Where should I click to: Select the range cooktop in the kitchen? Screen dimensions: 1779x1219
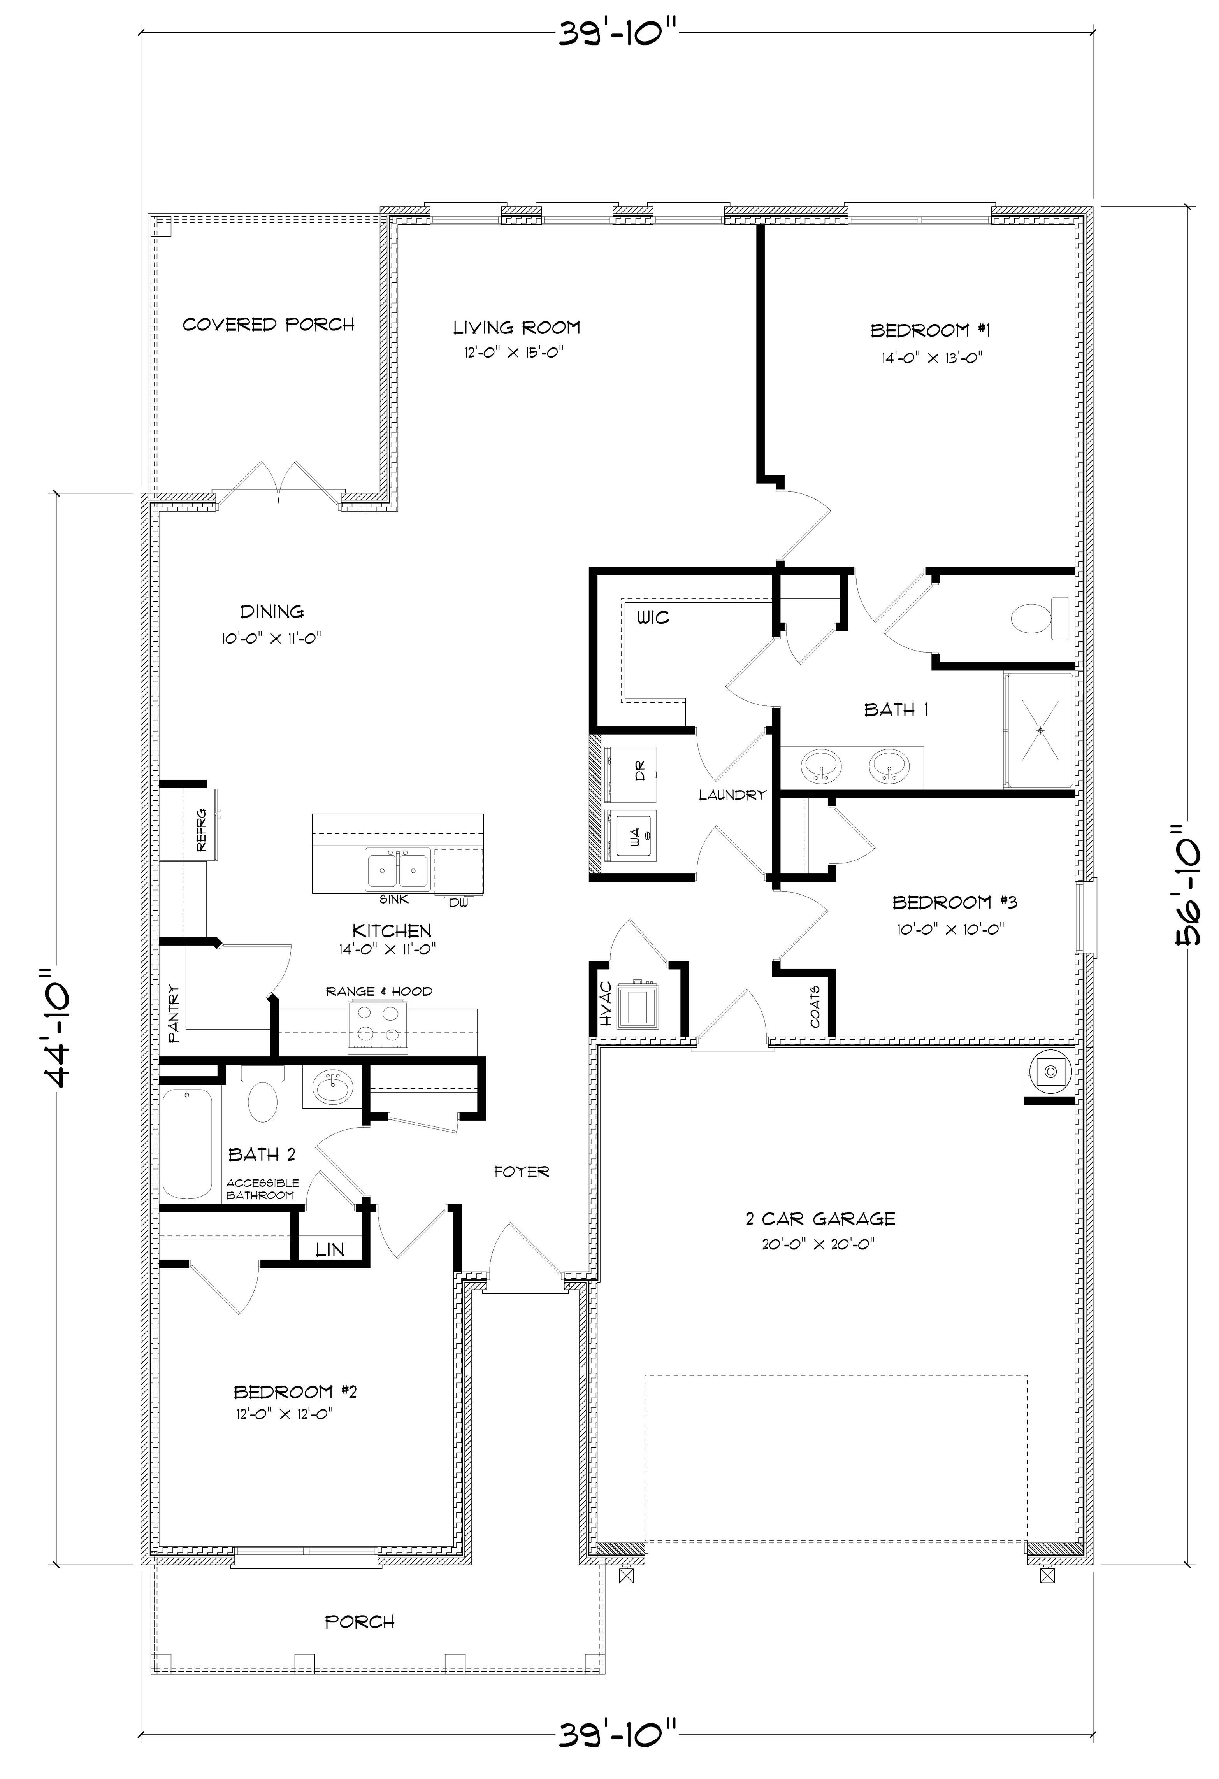[x=378, y=1026]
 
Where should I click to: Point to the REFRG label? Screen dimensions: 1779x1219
[x=201, y=831]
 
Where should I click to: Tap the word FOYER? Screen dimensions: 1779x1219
[x=522, y=1171]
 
